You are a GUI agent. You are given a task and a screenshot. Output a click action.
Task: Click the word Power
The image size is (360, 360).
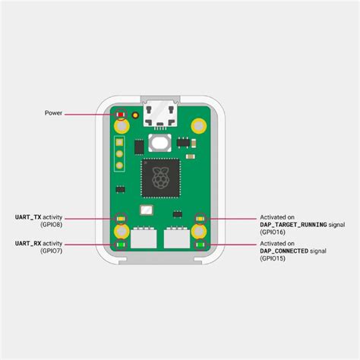click(x=52, y=113)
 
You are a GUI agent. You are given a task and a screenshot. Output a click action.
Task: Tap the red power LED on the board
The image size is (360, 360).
click(x=120, y=114)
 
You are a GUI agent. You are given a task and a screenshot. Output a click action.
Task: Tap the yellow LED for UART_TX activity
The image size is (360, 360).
click(x=120, y=218)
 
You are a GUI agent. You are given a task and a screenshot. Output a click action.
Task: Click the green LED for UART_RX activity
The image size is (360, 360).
click(x=120, y=244)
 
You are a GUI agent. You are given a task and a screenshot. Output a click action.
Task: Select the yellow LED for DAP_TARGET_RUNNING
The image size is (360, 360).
click(x=201, y=218)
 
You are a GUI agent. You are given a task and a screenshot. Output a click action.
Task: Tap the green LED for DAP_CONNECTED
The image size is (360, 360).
click(x=201, y=244)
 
